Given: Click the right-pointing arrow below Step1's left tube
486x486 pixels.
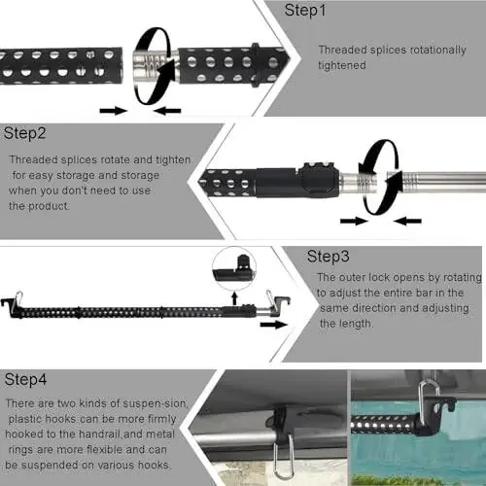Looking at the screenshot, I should (114, 111).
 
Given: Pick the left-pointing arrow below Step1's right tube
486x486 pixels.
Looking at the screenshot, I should (167, 111).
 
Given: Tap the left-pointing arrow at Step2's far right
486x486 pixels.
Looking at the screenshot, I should (408, 222).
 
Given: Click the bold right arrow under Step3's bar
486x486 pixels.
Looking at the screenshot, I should (274, 325).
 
